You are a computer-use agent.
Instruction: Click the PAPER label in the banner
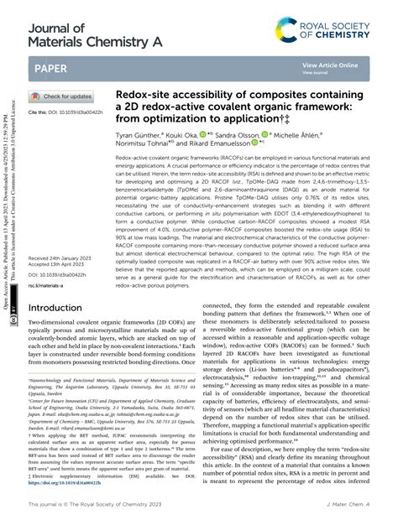coord(52,67)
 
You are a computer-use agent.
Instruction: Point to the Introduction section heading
coord(65,284)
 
